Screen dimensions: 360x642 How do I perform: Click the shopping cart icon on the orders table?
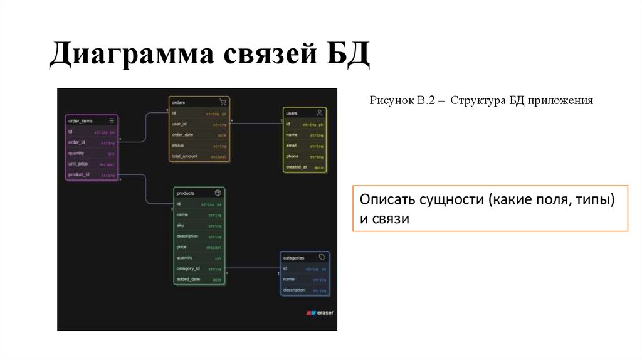pos(222,102)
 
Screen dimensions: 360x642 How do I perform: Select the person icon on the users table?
pos(319,113)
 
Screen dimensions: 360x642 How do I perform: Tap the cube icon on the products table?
pos(218,193)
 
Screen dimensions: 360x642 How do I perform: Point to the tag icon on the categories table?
pos(322,257)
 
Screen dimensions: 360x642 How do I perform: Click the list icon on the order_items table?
pos(111,120)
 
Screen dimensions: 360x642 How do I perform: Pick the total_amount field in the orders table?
pos(185,156)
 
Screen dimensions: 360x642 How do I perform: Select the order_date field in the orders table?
pos(182,135)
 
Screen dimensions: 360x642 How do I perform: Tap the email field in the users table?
pos(292,146)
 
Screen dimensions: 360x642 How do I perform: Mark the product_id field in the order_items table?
pos(79,174)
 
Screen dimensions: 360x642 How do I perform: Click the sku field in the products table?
pos(180,225)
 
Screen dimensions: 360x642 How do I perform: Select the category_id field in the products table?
pos(187,268)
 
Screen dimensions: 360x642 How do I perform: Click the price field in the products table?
pos(181,246)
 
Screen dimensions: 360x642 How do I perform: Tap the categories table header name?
pos(293,258)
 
